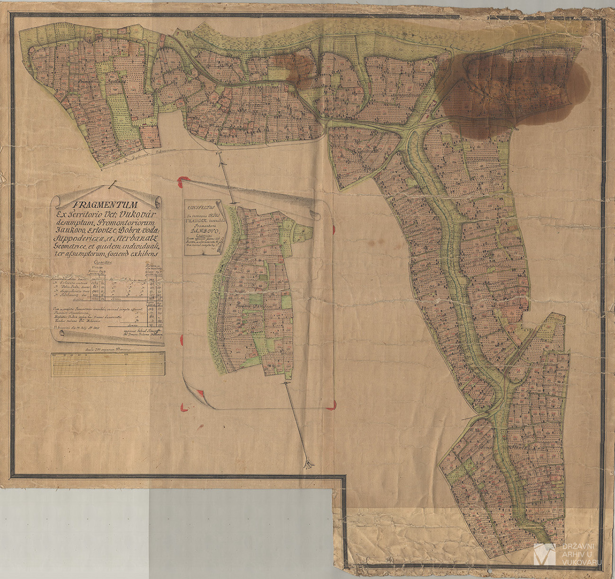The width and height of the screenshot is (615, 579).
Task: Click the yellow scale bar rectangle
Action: pyautogui.click(x=108, y=365)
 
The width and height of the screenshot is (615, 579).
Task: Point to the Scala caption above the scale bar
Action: pyautogui.click(x=108, y=349)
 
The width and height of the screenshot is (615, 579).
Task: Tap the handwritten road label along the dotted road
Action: pyautogui.click(x=142, y=155)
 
